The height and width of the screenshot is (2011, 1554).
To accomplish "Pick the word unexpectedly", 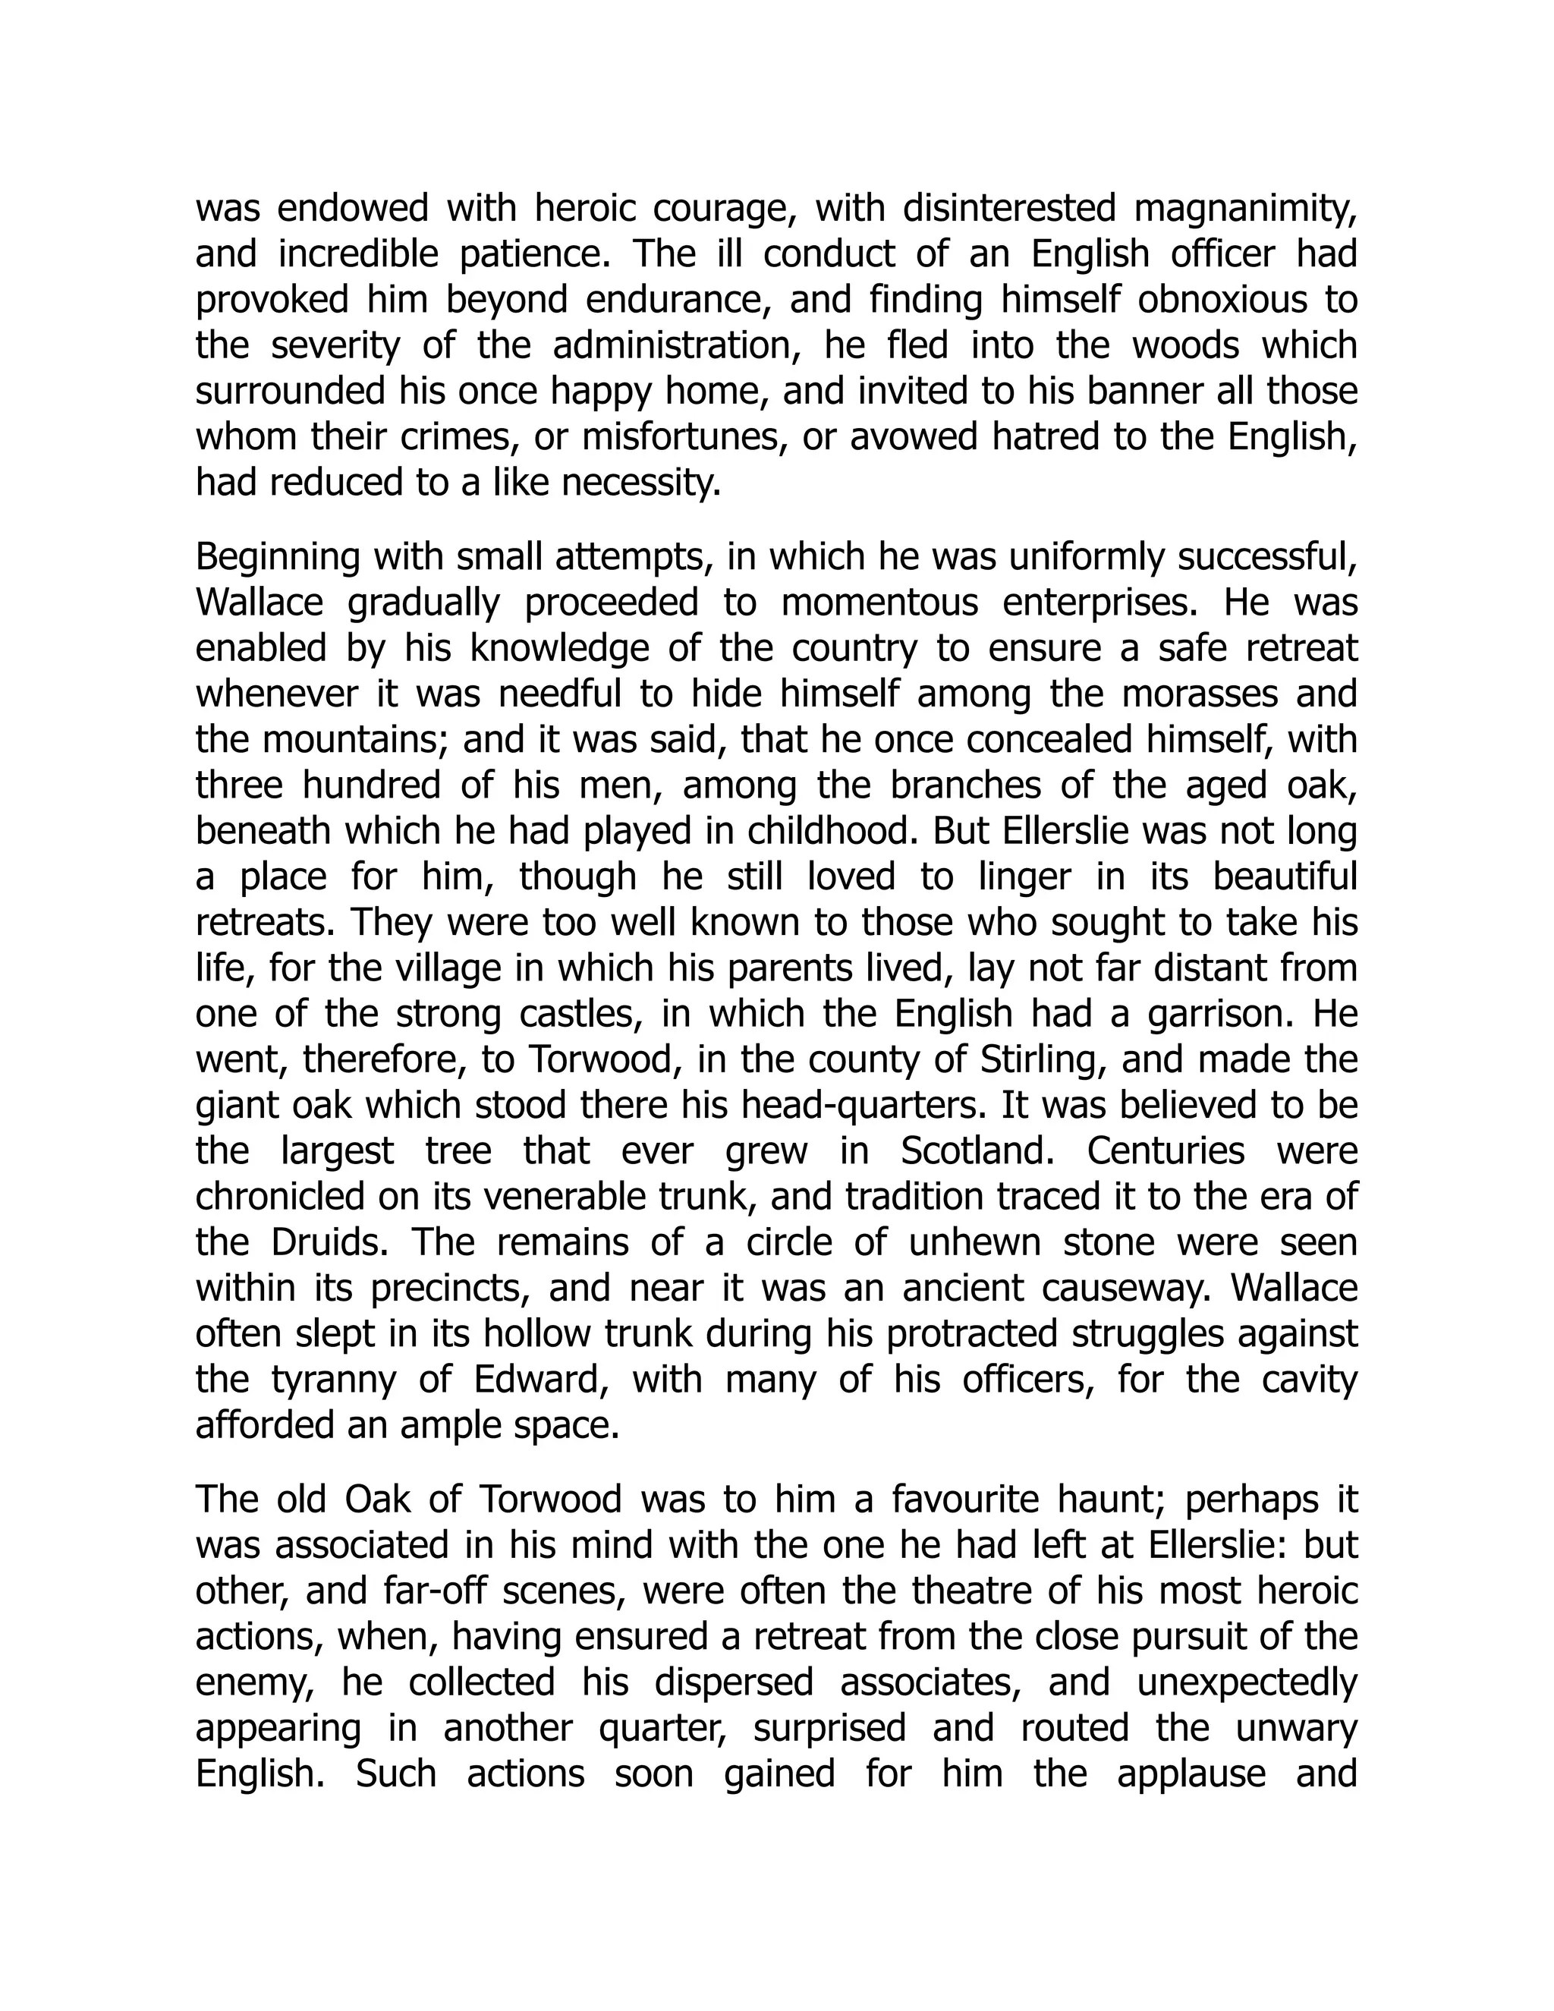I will [x=1247, y=1682].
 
